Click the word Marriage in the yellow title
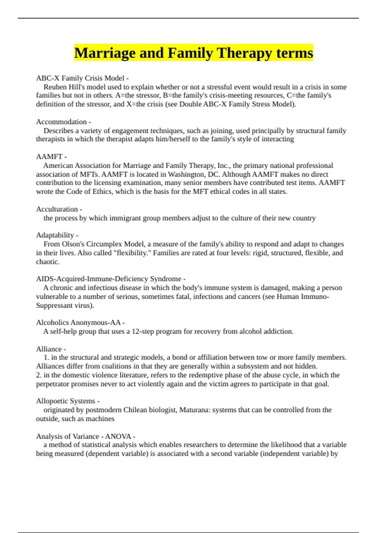tap(105, 53)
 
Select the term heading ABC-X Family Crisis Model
tap(80, 78)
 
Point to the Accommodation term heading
tap(61, 122)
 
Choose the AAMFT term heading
tap(49, 156)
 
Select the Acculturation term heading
tap(57, 209)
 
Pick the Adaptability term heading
tap(55, 235)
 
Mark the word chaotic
tap(47, 261)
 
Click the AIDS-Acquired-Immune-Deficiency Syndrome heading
tap(109, 279)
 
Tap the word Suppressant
tap(54, 305)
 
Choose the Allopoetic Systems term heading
tap(66, 401)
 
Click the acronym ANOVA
tap(118, 436)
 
